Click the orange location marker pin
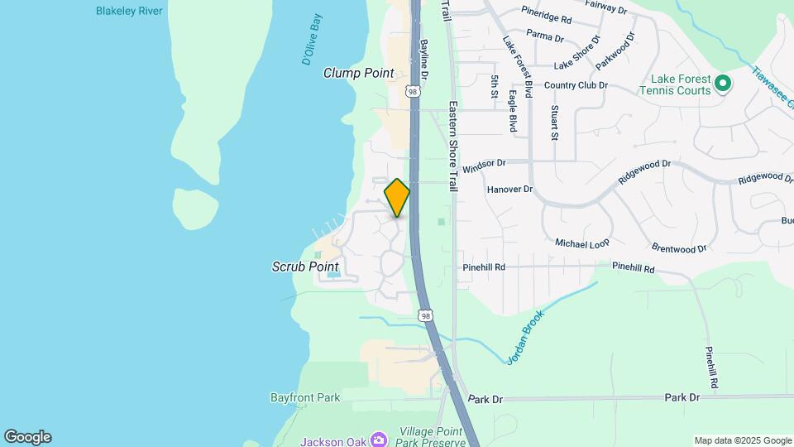(397, 198)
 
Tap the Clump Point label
(358, 73)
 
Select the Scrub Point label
(305, 267)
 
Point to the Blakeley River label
(129, 11)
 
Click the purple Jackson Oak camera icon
(379, 439)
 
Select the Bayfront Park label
(305, 397)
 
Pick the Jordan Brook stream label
(525, 338)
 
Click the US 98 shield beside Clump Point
(413, 92)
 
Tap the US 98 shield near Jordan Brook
(425, 315)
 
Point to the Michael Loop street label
(581, 244)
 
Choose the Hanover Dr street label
(509, 189)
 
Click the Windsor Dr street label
(483, 168)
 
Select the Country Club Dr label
(576, 85)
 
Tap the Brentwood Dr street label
(679, 248)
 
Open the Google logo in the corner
(27, 437)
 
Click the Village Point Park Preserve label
(432, 437)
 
